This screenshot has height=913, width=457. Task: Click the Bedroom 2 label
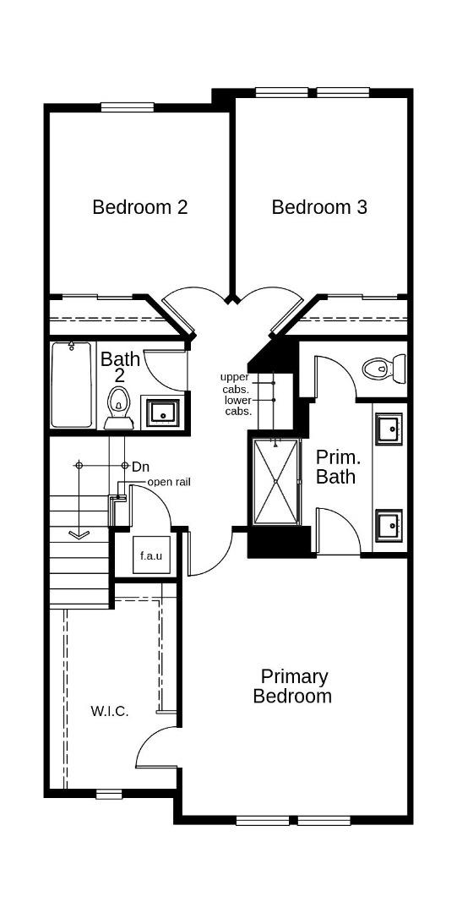coord(139,207)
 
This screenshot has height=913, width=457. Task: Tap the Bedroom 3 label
coord(319,207)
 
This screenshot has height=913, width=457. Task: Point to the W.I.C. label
coord(110,711)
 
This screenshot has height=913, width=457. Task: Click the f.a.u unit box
coord(151,555)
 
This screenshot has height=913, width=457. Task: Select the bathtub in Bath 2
coord(72,385)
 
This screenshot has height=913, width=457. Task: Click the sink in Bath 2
coord(163,411)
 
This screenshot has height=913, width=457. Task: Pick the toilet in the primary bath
coord(384,368)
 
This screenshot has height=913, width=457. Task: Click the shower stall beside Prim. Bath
coord(275,482)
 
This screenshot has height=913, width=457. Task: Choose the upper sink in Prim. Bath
coord(389,429)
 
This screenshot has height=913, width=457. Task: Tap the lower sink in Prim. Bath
coord(389,525)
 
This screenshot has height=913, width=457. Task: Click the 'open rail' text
coord(169,482)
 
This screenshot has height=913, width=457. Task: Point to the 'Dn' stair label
coord(139,467)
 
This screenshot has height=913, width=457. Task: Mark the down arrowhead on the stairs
coord(79,534)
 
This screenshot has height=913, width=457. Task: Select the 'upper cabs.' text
coord(237,384)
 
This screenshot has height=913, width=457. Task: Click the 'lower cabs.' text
coord(238,406)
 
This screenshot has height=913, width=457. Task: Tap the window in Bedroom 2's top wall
coord(128,107)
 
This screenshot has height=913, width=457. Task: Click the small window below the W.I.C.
coord(109,794)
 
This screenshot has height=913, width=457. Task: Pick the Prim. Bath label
coord(335,466)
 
